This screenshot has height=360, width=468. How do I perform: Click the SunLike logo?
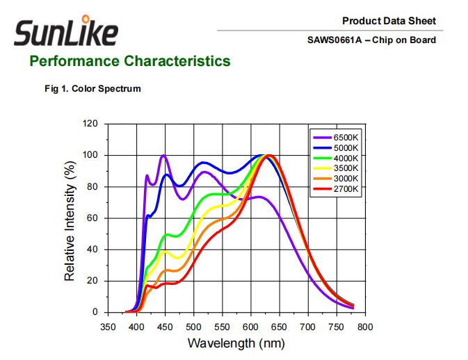[65, 32]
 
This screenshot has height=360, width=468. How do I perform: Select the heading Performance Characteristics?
[129, 61]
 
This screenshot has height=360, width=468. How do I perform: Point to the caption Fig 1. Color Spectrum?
[92, 88]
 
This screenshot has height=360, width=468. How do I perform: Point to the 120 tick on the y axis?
[90, 124]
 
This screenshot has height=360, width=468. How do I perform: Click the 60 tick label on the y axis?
[92, 218]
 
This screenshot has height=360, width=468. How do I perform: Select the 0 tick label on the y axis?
[95, 313]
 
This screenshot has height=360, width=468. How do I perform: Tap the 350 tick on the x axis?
[108, 327]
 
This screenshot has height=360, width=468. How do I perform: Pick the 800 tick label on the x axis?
[365, 327]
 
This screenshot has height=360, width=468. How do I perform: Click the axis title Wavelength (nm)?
[236, 343]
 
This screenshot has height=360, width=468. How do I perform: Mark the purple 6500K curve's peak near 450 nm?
[163, 156]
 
